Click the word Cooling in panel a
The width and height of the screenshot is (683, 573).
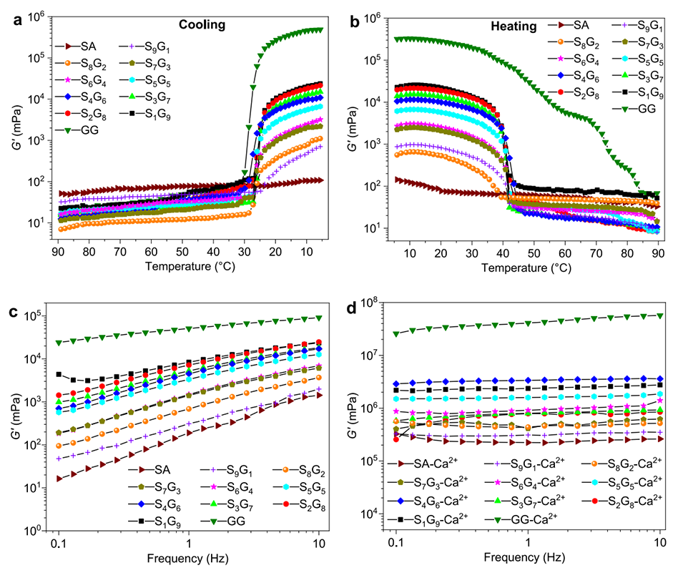tap(202, 24)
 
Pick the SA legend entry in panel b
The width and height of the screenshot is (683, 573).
tap(570, 26)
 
